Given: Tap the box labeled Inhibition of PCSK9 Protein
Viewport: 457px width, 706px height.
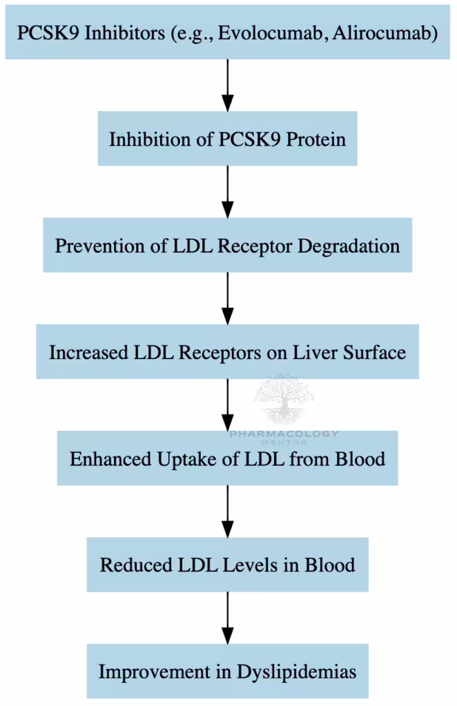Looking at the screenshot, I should pos(227,139).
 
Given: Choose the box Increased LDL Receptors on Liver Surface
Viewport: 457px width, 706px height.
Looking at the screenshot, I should pos(227,352).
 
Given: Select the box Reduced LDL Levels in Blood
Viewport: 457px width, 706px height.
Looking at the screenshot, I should pos(227,565).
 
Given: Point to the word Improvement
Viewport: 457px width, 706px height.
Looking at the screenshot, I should pos(152,672).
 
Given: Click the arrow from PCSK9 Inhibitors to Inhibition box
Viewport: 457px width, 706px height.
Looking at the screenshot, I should pos(227,85).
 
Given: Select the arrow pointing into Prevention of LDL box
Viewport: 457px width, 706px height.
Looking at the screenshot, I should pos(227,192).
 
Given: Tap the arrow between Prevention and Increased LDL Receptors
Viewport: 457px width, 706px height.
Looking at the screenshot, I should pos(227,298).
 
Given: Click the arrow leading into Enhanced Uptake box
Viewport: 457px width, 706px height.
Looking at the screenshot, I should pos(227,405).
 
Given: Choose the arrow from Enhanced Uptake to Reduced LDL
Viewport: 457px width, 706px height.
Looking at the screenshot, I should pos(227,512).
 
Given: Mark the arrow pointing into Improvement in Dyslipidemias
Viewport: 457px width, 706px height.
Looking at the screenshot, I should pos(227,618).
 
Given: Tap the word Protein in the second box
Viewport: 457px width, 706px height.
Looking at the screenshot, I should pos(316,139).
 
